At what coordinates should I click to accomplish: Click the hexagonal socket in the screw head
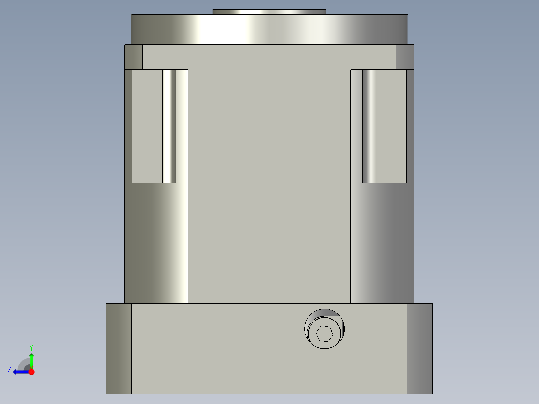pos(324,333)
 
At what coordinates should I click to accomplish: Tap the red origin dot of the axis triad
pos(31,372)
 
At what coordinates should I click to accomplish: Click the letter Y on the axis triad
pos(31,347)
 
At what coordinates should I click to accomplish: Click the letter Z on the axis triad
pos(10,369)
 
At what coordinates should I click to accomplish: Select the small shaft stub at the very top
pos(269,12)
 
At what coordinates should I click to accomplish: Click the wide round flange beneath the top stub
pos(200,30)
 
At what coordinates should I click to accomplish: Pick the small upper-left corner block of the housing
pos(133,57)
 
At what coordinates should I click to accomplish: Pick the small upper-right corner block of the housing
pos(405,57)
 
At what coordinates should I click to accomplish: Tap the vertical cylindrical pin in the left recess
pos(169,126)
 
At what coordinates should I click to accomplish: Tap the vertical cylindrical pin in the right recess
pos(369,126)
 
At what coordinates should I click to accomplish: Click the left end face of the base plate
pos(119,348)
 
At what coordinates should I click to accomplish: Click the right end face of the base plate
pos(419,348)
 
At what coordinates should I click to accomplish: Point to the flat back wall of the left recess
pos(147,126)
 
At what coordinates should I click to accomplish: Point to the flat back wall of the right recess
pos(391,126)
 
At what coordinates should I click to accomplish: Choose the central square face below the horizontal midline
pos(269,243)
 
